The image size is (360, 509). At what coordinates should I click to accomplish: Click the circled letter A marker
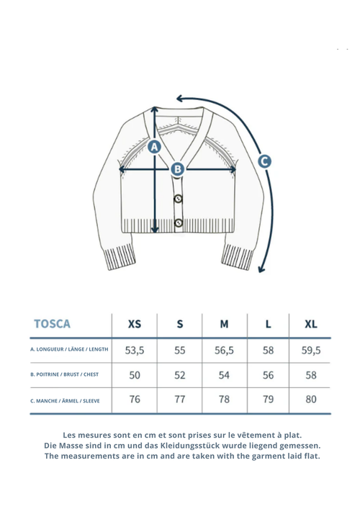point(154,147)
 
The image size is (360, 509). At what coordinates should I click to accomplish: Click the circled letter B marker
point(178,168)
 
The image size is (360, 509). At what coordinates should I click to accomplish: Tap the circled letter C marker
point(264,161)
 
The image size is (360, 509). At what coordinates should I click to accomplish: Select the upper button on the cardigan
point(179,198)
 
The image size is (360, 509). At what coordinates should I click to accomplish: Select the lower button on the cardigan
point(179,222)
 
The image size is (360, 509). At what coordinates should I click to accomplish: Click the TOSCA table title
point(52,324)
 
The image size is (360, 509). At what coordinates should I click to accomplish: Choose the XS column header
point(135,324)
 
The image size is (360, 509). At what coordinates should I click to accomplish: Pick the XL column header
point(310,324)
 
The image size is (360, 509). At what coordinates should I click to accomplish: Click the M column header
point(224,324)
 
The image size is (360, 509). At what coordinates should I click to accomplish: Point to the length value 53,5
point(135,351)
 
